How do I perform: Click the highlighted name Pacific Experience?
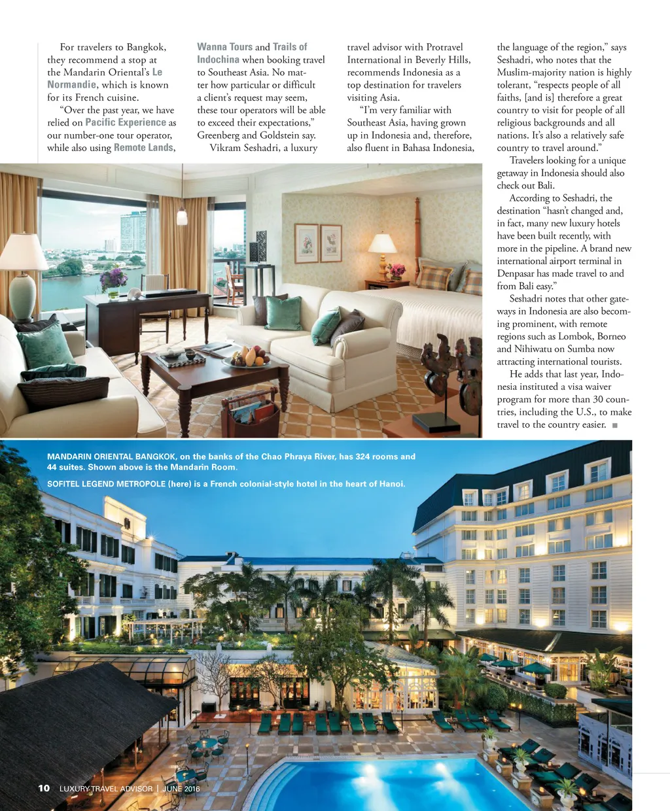[x=126, y=122]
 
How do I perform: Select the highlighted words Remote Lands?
[x=144, y=148]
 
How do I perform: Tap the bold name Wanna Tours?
[x=224, y=47]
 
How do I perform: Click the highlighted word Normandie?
[x=71, y=84]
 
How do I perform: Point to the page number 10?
[x=44, y=788]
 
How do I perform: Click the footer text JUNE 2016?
[x=181, y=789]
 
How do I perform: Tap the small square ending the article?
[x=615, y=426]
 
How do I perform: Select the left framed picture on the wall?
[x=306, y=243]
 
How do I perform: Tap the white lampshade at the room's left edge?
[x=24, y=252]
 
